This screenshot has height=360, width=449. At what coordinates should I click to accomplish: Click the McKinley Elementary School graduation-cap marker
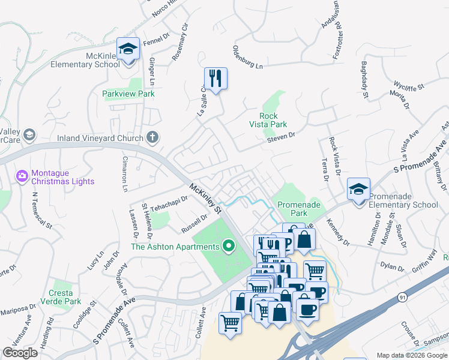[x=128, y=49]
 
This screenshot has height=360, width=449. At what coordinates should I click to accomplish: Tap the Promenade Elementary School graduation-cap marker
[x=358, y=190]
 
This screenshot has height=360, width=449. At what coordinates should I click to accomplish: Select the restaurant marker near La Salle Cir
[x=215, y=78]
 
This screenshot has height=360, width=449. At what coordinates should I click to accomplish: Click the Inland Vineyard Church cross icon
[x=152, y=137]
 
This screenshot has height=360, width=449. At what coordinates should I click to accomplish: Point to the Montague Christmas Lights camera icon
[x=22, y=175]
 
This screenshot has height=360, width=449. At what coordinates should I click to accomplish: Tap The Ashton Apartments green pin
[x=228, y=246]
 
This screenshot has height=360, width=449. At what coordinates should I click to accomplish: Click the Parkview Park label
[x=128, y=94]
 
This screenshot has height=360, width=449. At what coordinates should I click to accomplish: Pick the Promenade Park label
[x=292, y=209]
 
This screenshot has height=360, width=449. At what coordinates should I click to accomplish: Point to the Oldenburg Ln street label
[x=248, y=56]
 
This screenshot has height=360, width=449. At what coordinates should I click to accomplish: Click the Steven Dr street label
[x=282, y=137]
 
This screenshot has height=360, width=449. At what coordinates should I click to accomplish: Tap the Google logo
[x=20, y=353]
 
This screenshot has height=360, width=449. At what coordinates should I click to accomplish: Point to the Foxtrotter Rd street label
[x=339, y=37]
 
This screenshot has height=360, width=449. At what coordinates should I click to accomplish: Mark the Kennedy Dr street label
[x=338, y=233]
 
